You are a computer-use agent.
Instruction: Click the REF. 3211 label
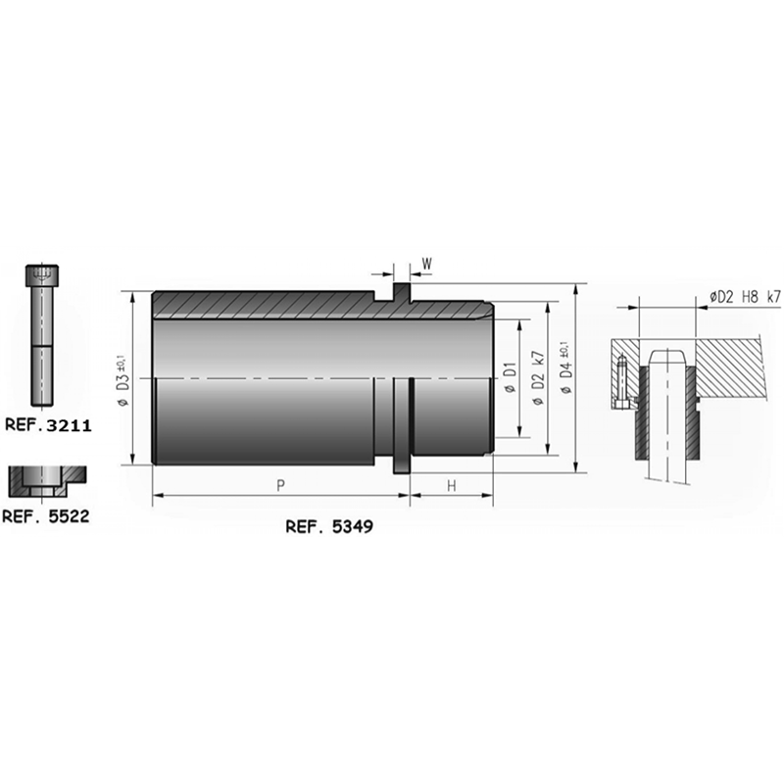(x=48, y=425)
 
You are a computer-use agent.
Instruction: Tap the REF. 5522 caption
(x=46, y=516)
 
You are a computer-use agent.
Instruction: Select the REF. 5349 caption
(x=329, y=526)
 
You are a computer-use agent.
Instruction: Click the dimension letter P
(x=281, y=484)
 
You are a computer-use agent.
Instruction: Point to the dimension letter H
(x=452, y=485)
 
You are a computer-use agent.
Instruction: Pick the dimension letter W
(x=426, y=264)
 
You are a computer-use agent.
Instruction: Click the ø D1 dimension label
(x=510, y=377)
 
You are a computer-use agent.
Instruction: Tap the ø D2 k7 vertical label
(x=538, y=377)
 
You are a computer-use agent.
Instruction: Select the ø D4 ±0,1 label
(x=566, y=367)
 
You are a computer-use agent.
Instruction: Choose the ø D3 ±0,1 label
(x=123, y=380)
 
